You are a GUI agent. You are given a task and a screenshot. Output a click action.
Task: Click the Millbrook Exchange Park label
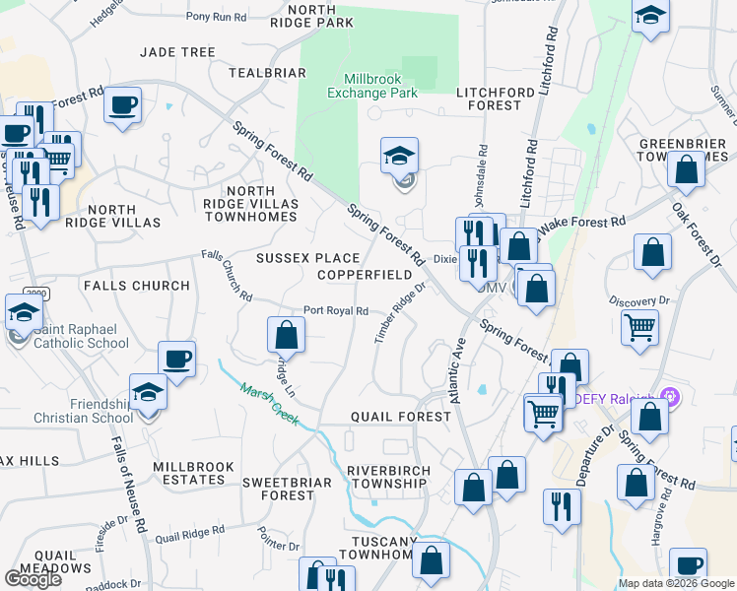(380, 86)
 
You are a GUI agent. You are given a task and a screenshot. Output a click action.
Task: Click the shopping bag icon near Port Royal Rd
(285, 334)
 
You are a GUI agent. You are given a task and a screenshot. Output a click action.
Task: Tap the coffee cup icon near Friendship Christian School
(176, 359)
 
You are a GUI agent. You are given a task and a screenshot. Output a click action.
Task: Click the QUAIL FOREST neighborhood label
(401, 417)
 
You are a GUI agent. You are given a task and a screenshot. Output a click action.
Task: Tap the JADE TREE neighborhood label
(177, 52)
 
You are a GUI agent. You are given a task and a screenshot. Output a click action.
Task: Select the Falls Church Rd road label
(228, 275)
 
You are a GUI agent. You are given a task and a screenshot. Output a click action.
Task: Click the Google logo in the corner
(33, 578)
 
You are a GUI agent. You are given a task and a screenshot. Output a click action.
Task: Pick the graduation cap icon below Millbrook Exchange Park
(399, 155)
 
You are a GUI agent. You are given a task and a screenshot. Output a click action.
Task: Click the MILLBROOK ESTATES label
(194, 473)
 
